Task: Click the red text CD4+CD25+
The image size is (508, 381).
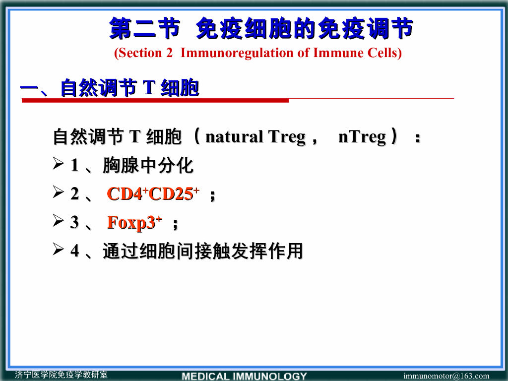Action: pos(153,194)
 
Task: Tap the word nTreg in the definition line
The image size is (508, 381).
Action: pos(362,136)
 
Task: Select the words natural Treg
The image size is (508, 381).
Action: pos(255,136)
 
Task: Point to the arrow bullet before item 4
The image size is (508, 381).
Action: pos(58,251)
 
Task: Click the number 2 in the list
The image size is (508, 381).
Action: pos(74,194)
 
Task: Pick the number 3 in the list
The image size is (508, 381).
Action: pos(74,223)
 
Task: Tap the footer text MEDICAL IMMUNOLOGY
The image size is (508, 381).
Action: pos(245,376)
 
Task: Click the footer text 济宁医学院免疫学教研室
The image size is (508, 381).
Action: pos(61,375)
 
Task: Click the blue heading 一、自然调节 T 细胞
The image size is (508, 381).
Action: pos(110,88)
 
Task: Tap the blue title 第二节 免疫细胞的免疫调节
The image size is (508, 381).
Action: pos(261,29)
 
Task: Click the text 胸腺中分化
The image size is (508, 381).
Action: pos(148,166)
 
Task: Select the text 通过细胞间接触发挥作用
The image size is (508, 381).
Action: pos(202,252)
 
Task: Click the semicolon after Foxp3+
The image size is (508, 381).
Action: pos(175,224)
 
